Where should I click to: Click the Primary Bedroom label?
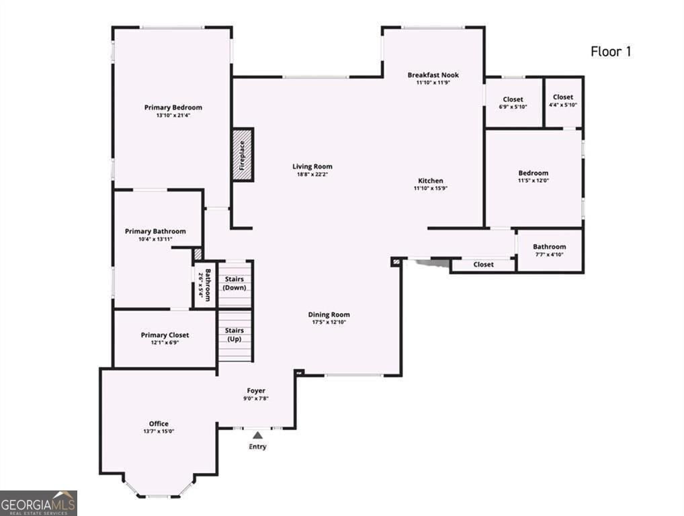(x=173, y=107)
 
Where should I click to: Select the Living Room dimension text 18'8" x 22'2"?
(x=312, y=175)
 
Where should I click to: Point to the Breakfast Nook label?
(x=433, y=75)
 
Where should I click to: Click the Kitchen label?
(x=431, y=181)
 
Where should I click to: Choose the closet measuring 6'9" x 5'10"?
(x=513, y=103)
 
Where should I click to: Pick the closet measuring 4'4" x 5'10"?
(x=563, y=101)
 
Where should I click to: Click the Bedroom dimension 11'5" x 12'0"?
(x=533, y=181)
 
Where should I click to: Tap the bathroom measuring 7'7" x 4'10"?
(x=549, y=251)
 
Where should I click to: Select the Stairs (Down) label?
(x=234, y=283)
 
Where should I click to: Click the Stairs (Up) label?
(x=234, y=335)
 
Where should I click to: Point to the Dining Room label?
(x=329, y=314)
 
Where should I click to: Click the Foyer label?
(x=255, y=390)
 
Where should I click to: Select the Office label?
(x=159, y=423)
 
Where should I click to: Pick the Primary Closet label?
(x=165, y=335)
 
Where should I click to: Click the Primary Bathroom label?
(x=155, y=231)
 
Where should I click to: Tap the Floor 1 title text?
(x=610, y=51)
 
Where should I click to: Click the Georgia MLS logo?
(x=39, y=503)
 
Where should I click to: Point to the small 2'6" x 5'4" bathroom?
(x=204, y=286)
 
